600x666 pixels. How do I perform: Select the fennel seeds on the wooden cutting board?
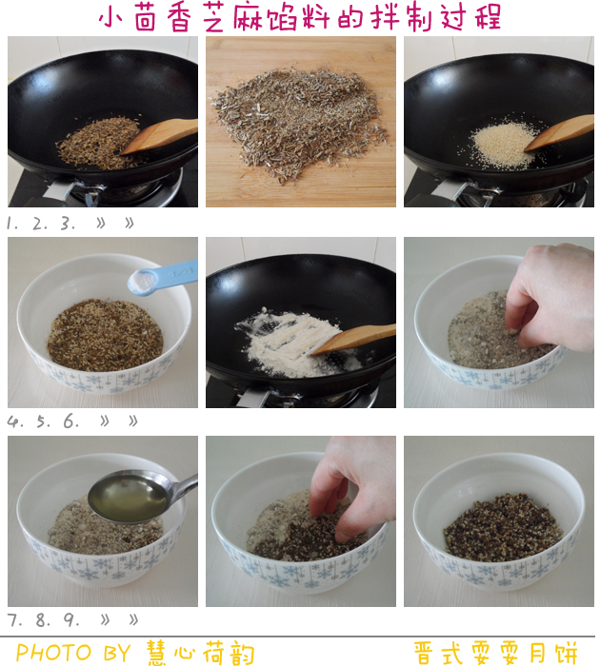click(300, 123)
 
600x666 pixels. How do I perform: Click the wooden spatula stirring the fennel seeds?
click(160, 136)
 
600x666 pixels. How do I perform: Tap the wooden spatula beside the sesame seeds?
click(559, 132)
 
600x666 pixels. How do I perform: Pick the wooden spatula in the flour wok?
click(353, 339)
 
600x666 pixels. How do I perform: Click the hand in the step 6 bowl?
click(550, 297)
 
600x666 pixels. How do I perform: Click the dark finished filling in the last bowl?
click(503, 527)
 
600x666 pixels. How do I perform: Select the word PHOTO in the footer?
click(54, 653)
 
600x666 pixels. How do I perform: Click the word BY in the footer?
click(117, 653)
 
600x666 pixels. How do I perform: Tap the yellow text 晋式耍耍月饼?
click(495, 653)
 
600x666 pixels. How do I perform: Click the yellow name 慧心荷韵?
click(200, 653)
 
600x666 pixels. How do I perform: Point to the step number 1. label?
click(12, 224)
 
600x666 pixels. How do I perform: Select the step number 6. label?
click(71, 421)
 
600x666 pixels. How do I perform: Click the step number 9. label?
click(71, 620)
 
